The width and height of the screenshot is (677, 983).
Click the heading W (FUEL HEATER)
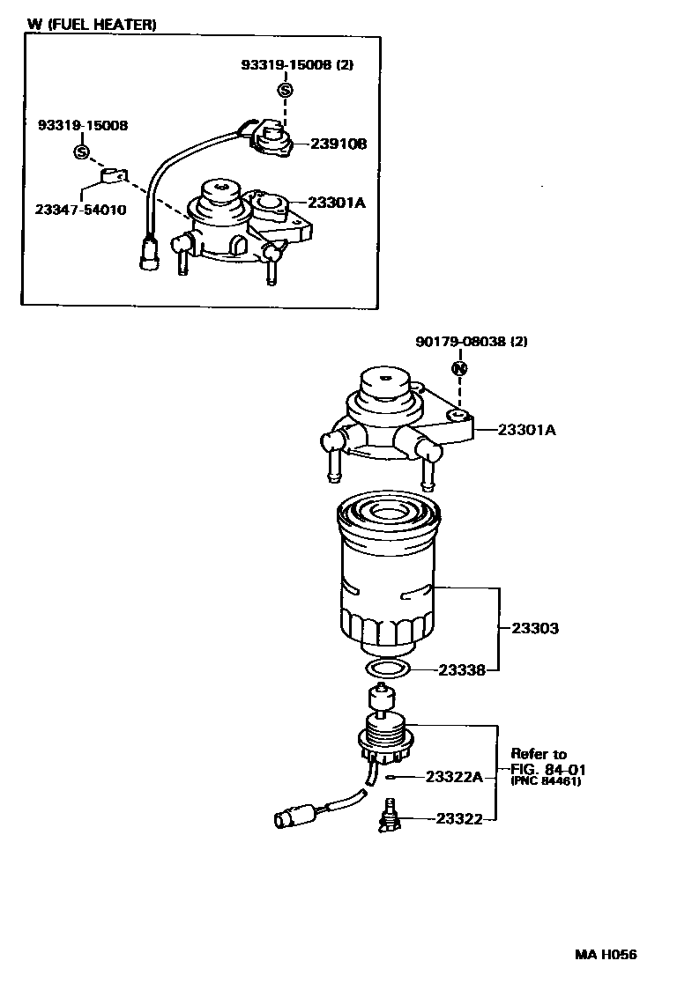92,26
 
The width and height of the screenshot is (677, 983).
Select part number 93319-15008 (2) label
297,64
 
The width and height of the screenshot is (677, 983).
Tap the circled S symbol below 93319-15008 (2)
285,90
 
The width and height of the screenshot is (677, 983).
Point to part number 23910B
337,144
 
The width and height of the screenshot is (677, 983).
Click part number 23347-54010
81,210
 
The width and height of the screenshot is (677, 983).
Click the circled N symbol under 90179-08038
458,369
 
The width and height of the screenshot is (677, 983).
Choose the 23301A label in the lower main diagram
526,430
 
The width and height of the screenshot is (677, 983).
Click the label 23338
461,670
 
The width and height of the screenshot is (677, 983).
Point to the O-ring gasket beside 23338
389,669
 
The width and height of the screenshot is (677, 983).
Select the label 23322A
454,776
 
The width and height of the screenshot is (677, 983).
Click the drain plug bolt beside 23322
386,816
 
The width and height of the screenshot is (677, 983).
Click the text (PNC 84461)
546,781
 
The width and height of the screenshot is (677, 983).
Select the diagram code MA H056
606,955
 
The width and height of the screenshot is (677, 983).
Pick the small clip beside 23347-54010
113,177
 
